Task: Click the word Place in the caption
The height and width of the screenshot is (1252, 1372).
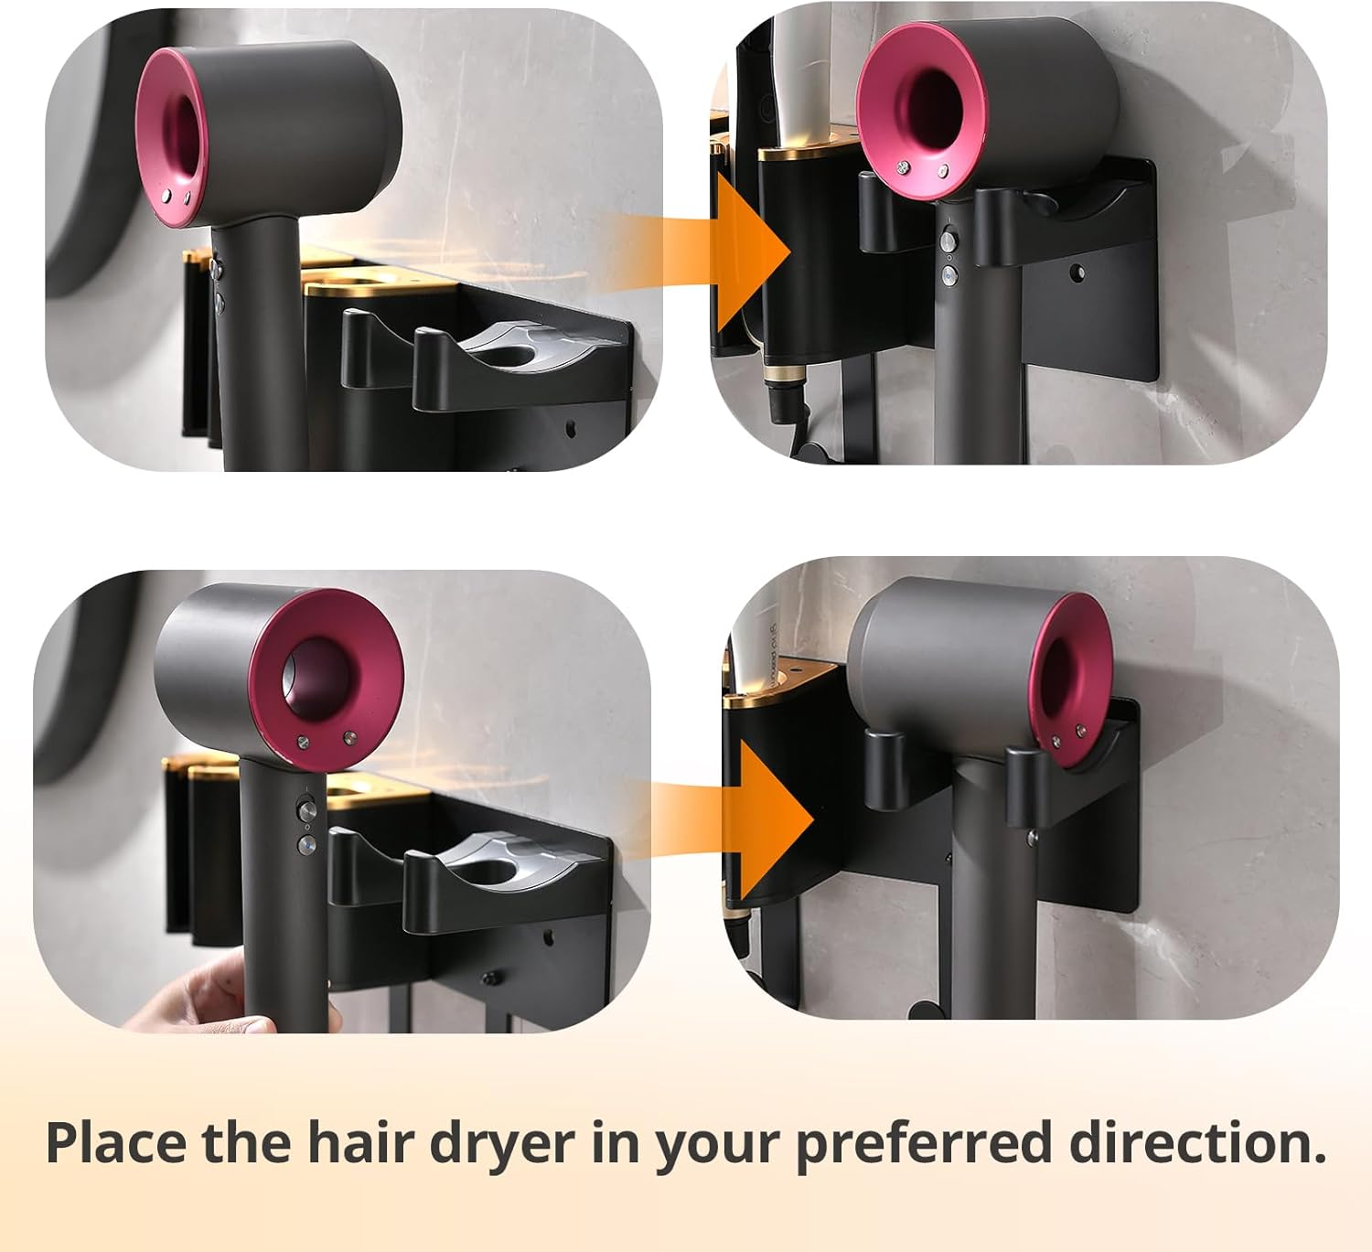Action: pyautogui.click(x=116, y=1142)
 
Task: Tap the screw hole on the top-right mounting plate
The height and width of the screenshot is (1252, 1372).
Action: pyautogui.click(x=1077, y=272)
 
